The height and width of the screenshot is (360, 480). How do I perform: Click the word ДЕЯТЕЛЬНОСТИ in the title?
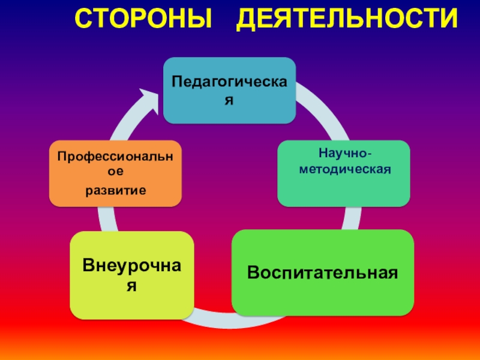click(346, 20)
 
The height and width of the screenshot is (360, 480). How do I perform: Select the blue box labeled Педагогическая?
click(230, 90)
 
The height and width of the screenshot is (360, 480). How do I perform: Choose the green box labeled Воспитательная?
click(323, 273)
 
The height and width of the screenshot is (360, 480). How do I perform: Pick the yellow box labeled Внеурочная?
click(131, 275)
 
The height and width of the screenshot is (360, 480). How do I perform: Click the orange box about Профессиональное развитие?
click(115, 173)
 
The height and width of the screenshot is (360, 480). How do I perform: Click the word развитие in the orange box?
click(115, 190)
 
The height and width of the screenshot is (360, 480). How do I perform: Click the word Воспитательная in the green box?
click(323, 273)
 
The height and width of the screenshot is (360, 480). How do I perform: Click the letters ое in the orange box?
click(115, 170)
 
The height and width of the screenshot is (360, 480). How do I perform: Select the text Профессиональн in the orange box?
click(115, 157)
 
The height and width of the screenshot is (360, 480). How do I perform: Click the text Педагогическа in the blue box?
click(230, 81)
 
